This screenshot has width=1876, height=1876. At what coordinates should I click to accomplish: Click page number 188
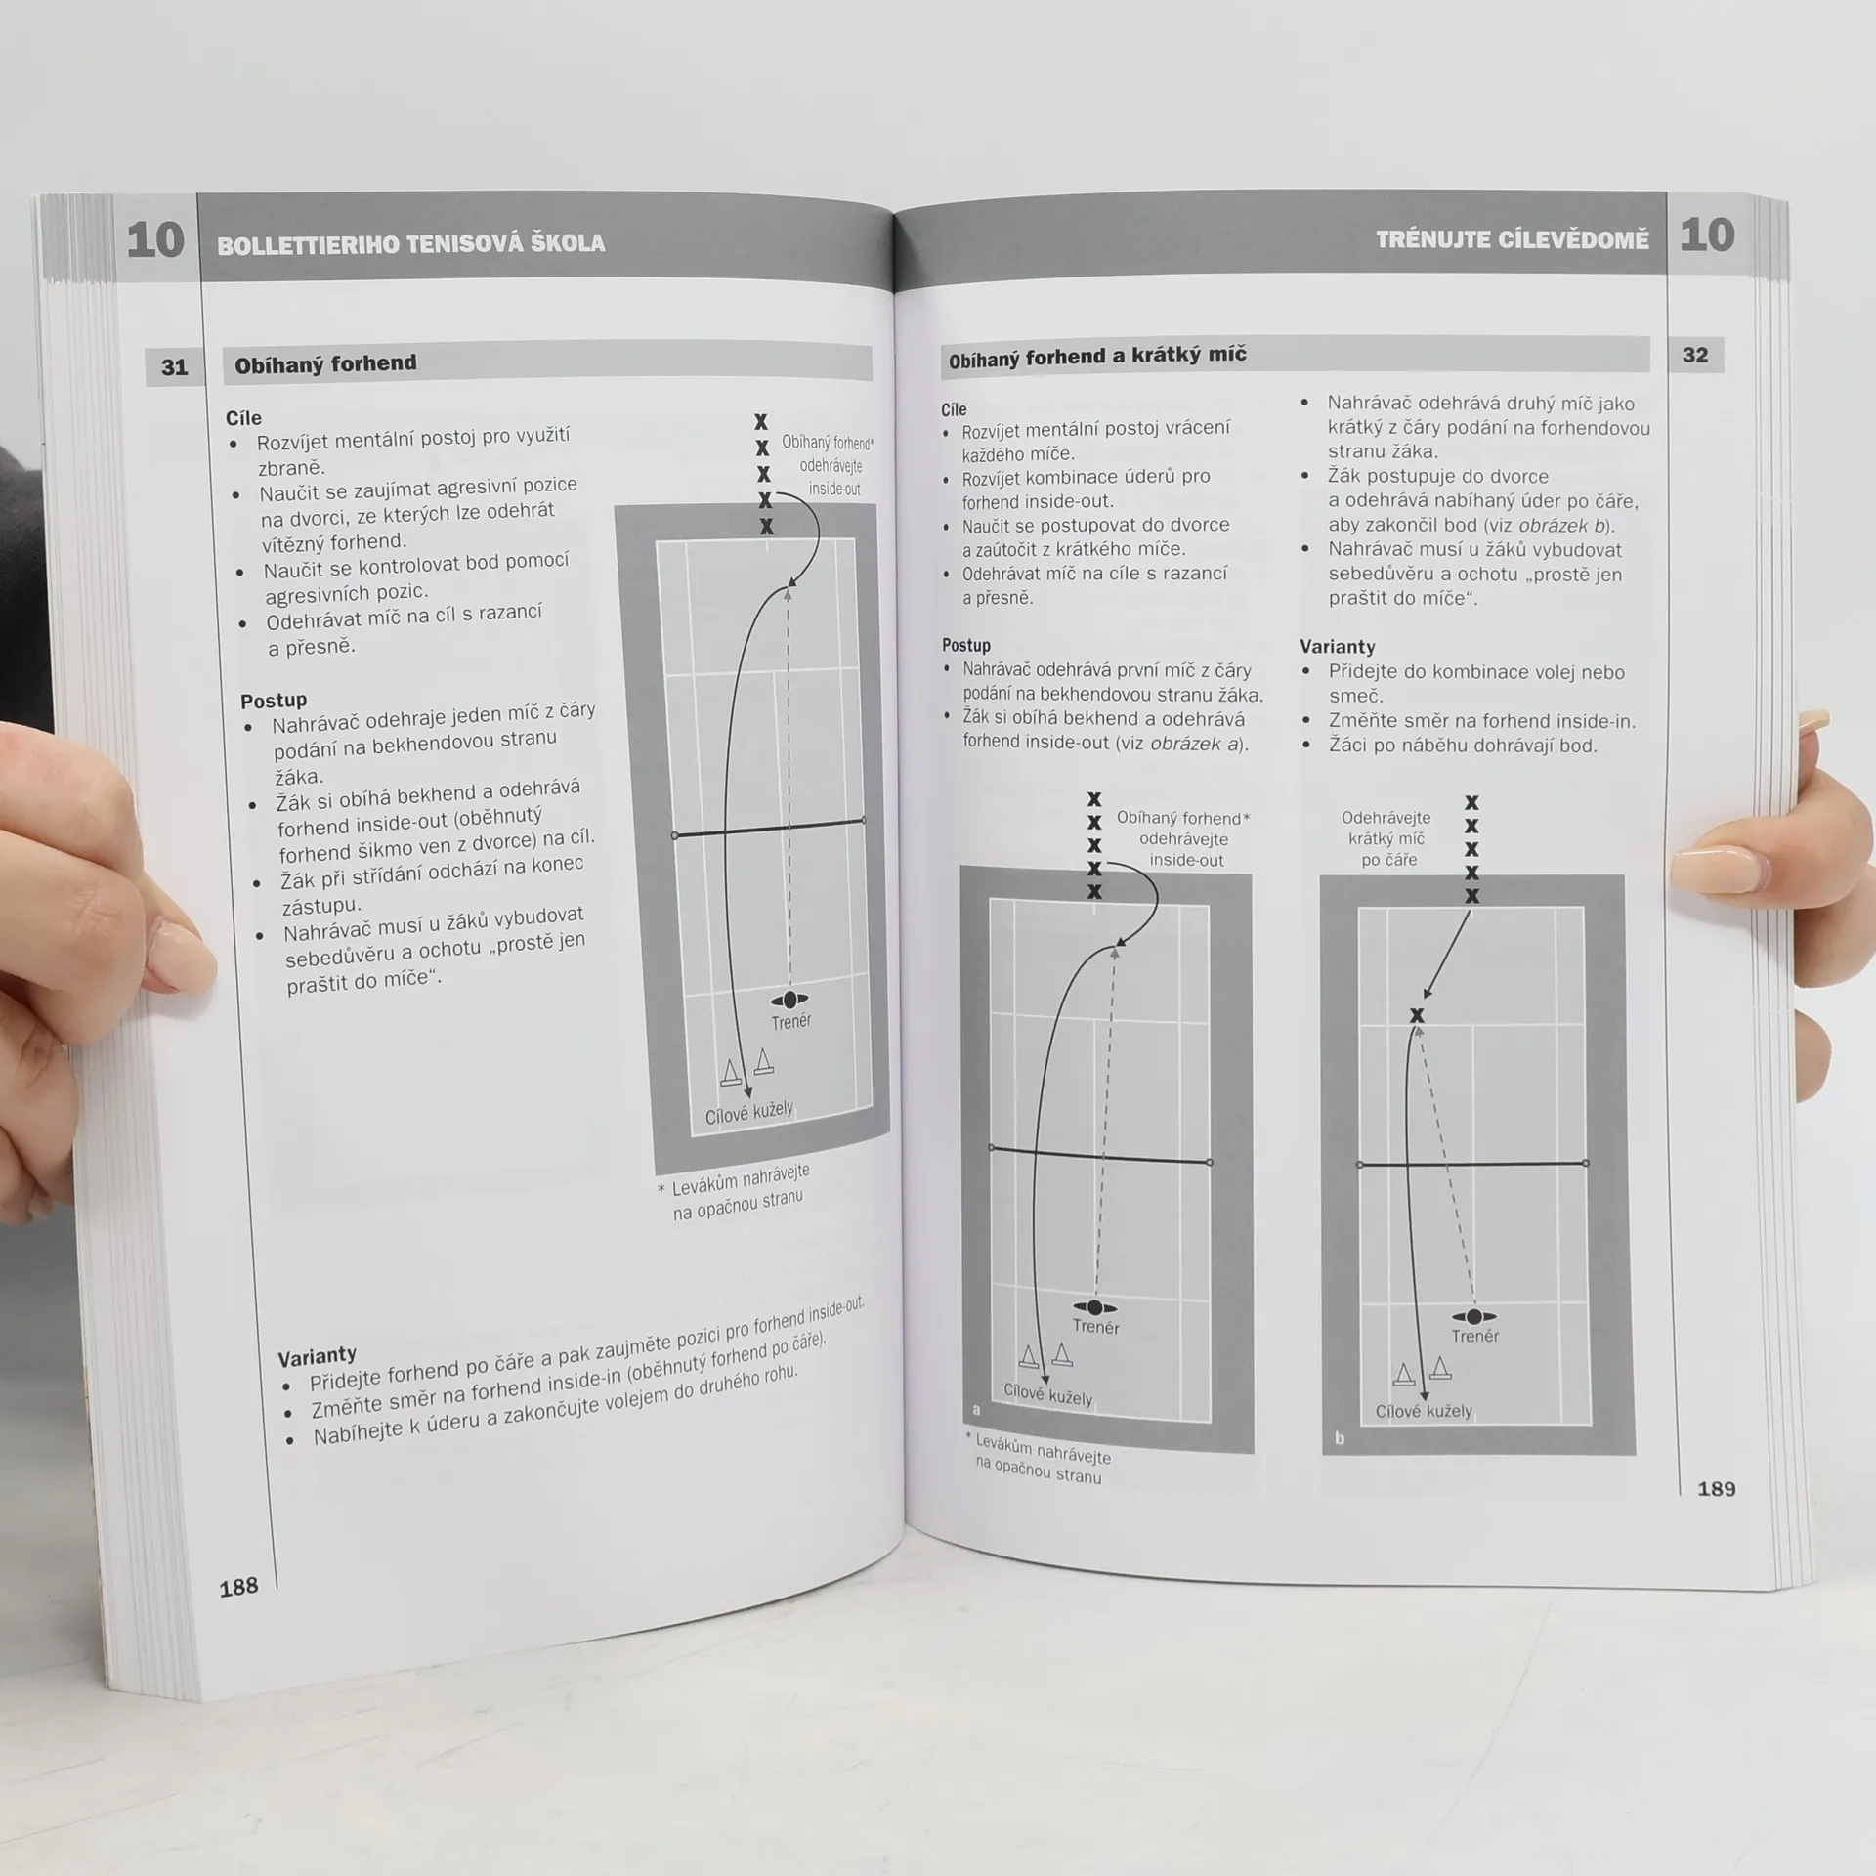click(x=238, y=1586)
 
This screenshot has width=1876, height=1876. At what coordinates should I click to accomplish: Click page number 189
click(x=1716, y=1488)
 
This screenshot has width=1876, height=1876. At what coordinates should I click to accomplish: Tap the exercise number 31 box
click(x=174, y=366)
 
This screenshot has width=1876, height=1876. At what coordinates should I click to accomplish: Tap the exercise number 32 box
click(x=1695, y=355)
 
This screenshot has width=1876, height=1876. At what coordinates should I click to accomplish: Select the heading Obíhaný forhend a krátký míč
click(x=1097, y=357)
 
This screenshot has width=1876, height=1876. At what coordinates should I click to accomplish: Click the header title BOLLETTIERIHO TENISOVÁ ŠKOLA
click(x=410, y=243)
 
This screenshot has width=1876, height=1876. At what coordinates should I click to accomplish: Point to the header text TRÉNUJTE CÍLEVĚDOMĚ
click(x=1512, y=239)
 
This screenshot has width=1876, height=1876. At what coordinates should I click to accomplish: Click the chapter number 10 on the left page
click(x=154, y=239)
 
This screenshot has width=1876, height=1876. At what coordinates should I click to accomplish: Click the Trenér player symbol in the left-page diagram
click(x=789, y=1000)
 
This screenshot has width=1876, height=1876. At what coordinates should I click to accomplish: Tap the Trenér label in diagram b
click(x=1474, y=1336)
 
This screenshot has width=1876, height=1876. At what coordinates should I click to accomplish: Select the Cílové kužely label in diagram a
click(x=1047, y=1395)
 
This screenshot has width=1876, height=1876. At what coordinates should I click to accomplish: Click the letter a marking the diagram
click(x=976, y=1410)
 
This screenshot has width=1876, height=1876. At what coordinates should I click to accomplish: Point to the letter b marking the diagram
click(x=1339, y=1438)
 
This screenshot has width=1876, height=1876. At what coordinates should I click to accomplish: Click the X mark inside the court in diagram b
click(x=1417, y=1015)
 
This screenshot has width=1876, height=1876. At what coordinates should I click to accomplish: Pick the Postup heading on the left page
click(x=274, y=700)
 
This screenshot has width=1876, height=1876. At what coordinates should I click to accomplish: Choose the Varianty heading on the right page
click(x=1337, y=646)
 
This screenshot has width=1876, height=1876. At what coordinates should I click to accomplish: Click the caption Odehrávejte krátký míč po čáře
click(x=1386, y=838)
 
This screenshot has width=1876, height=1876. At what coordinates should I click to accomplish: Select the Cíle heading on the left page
click(x=243, y=418)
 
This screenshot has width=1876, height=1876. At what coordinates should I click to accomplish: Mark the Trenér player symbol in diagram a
click(x=1094, y=1307)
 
